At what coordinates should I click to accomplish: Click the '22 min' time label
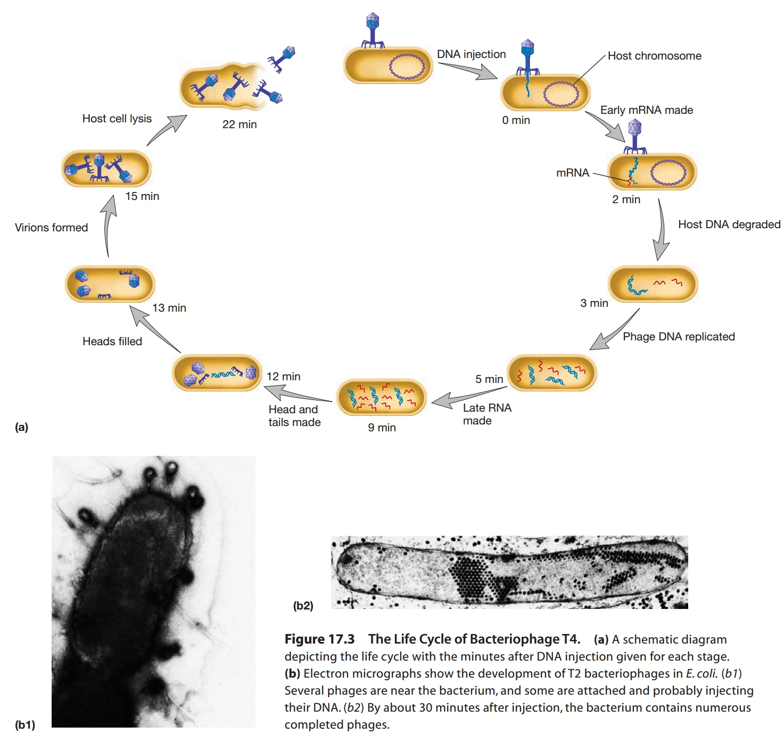point(240,124)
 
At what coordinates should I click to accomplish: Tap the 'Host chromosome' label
point(654,56)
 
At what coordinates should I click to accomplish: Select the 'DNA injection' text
point(471,54)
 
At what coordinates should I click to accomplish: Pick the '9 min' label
point(382,428)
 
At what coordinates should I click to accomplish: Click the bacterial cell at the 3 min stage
point(653,284)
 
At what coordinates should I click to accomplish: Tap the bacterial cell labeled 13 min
point(110,284)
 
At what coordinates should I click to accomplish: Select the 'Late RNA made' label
point(486,414)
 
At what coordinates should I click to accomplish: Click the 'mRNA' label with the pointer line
point(573,173)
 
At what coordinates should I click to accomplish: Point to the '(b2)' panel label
point(303,605)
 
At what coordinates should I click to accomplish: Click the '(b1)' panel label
point(25,724)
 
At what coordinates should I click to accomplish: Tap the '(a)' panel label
point(21,427)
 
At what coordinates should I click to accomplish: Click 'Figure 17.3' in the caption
point(319,639)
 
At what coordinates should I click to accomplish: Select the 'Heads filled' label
point(112,341)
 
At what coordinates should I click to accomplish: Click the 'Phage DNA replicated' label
point(679,337)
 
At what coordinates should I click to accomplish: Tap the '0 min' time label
point(516,120)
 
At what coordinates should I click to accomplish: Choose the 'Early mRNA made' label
point(646,110)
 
